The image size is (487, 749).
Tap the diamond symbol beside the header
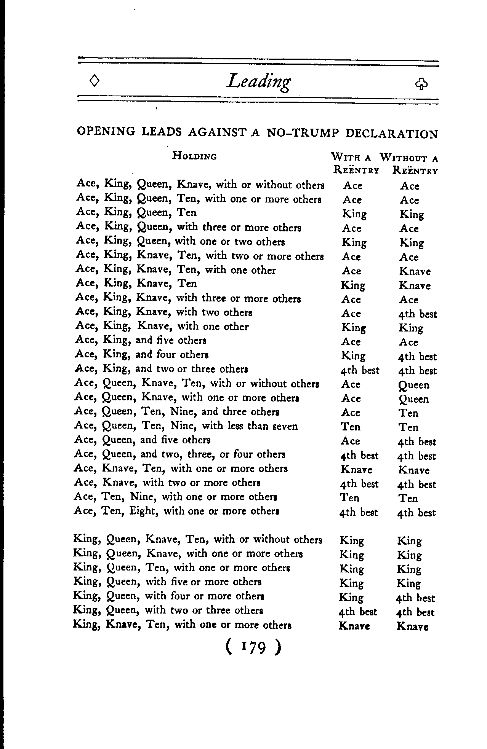pyautogui.click(x=95, y=80)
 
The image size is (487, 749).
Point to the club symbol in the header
pyautogui.click(x=421, y=84)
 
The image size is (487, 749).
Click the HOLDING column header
pyautogui.click(x=194, y=156)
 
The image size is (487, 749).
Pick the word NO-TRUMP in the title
pyautogui.click(x=303, y=133)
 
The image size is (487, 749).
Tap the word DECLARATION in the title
pyautogui.click(x=392, y=134)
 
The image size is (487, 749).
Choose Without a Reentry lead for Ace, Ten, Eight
pyautogui.click(x=416, y=513)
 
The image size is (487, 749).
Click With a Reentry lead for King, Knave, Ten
pyautogui.click(x=354, y=626)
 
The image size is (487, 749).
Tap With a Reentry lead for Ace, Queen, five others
pyautogui.click(x=351, y=441)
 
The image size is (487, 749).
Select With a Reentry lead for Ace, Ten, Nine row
pyautogui.click(x=349, y=498)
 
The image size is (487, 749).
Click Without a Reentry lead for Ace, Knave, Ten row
pyautogui.click(x=414, y=470)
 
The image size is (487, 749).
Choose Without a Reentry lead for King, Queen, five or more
pyautogui.click(x=409, y=583)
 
